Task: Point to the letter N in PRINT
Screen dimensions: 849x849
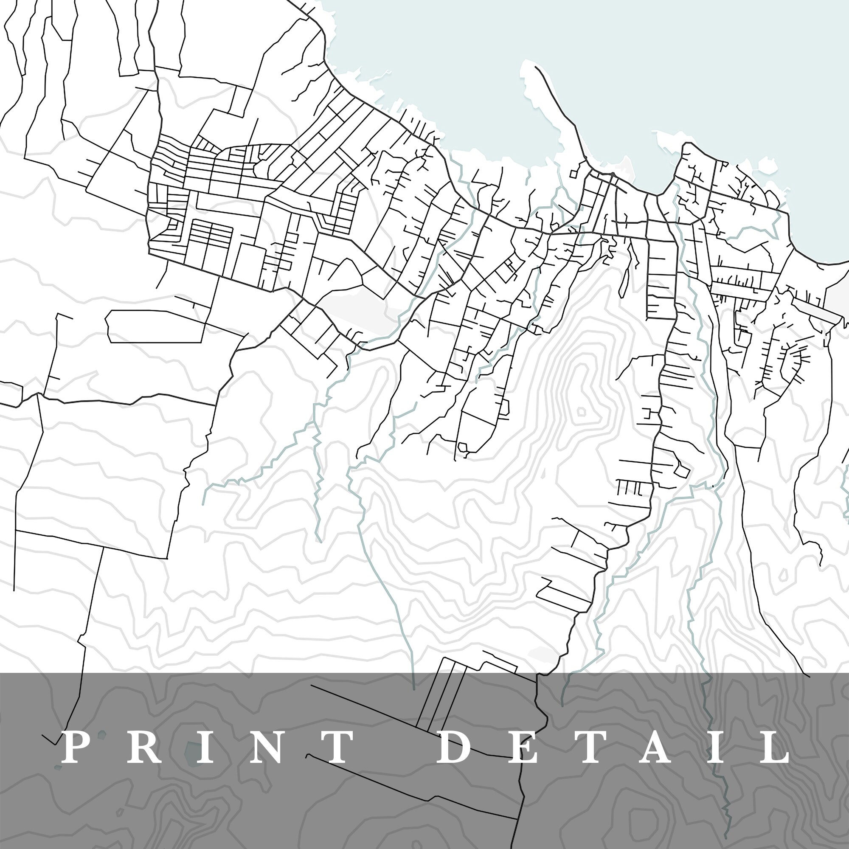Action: (x=269, y=747)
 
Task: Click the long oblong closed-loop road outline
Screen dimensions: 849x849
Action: (x=156, y=326)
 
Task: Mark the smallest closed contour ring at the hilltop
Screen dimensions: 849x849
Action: (x=581, y=412)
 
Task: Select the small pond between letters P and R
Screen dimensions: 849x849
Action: (x=102, y=734)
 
